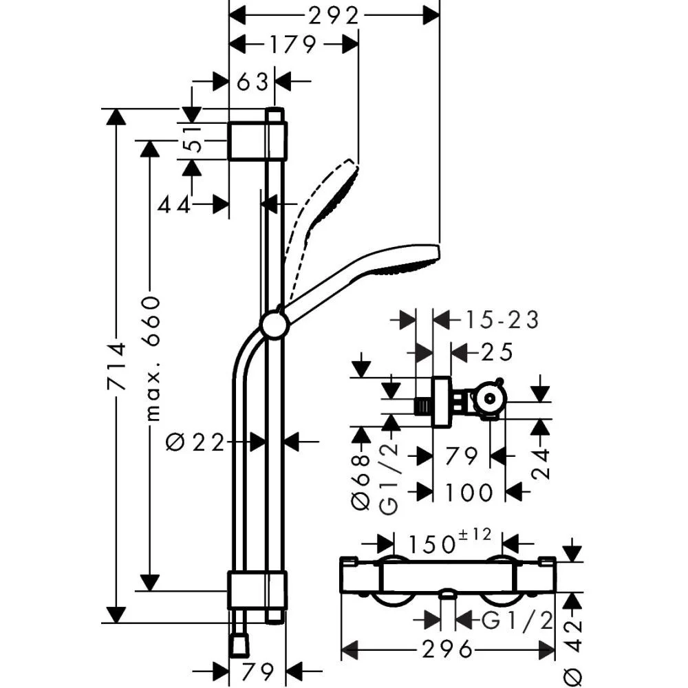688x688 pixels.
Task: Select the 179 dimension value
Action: pos(292,45)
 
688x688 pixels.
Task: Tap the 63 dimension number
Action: pos(252,82)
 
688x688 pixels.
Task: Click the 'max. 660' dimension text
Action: pos(152,358)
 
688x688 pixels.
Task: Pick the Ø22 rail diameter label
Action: pos(196,442)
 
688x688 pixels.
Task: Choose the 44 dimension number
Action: pos(173,204)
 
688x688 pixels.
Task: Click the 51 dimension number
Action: pos(195,141)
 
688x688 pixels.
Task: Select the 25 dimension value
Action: pos(497,352)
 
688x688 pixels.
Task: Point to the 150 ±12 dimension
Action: pos(447,544)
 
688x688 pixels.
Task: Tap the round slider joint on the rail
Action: pos(274,325)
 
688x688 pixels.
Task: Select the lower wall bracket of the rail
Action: pos(256,590)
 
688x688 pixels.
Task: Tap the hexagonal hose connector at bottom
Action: pos(238,645)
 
